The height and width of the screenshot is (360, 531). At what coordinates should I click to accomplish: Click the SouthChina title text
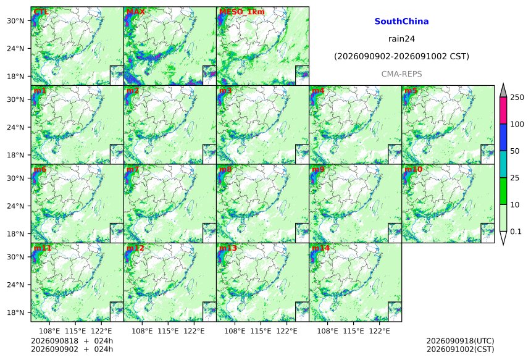coord(401,22)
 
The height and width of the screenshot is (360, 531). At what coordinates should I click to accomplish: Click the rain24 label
coord(401,39)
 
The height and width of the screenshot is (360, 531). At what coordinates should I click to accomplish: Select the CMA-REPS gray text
coord(401,74)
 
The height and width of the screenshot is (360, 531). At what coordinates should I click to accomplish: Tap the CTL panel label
coord(41,12)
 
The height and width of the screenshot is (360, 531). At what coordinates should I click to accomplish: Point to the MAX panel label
coord(135,12)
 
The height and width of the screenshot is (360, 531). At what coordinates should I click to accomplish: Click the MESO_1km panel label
coord(242,12)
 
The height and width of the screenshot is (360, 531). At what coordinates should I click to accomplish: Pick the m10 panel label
coord(413,169)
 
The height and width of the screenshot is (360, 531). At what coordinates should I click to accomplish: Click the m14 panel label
coord(320,248)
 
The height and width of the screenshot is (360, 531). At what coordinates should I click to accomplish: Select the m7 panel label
coord(132,169)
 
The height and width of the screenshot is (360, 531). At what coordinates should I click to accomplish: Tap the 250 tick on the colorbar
coord(517,97)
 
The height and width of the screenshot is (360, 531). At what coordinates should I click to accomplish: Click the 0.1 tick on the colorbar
coord(516,232)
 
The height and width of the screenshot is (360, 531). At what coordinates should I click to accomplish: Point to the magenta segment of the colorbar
coord(503,111)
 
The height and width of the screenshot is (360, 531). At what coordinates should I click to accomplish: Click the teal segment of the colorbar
coord(503,164)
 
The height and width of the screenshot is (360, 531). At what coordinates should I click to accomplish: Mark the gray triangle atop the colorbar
coord(503,90)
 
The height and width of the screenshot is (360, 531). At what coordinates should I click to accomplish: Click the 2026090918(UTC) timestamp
coord(460,341)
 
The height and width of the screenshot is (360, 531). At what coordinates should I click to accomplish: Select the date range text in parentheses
coord(401,56)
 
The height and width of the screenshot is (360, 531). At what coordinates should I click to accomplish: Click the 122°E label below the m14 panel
coord(379,330)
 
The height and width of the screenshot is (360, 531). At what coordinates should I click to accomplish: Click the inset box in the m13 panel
coord(302,312)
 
